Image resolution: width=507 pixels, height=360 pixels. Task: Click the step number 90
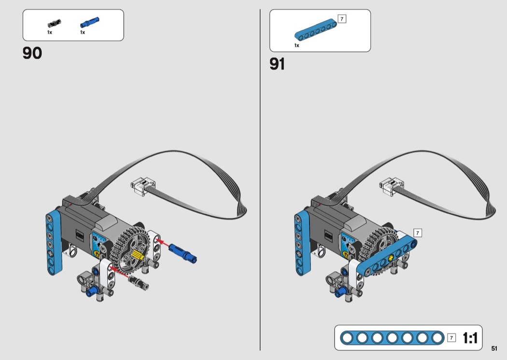(x=32, y=53)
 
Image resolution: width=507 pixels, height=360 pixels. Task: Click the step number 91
(x=277, y=64)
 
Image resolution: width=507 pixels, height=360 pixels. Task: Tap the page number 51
(x=494, y=348)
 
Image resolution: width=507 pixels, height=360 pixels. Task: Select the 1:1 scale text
(x=470, y=338)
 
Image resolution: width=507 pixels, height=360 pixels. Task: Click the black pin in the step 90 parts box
(x=54, y=24)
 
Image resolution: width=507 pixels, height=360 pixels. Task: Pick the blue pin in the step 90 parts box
(x=89, y=22)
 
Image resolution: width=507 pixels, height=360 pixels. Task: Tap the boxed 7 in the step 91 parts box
(x=342, y=19)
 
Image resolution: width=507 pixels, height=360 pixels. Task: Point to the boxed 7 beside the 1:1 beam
(x=451, y=338)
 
